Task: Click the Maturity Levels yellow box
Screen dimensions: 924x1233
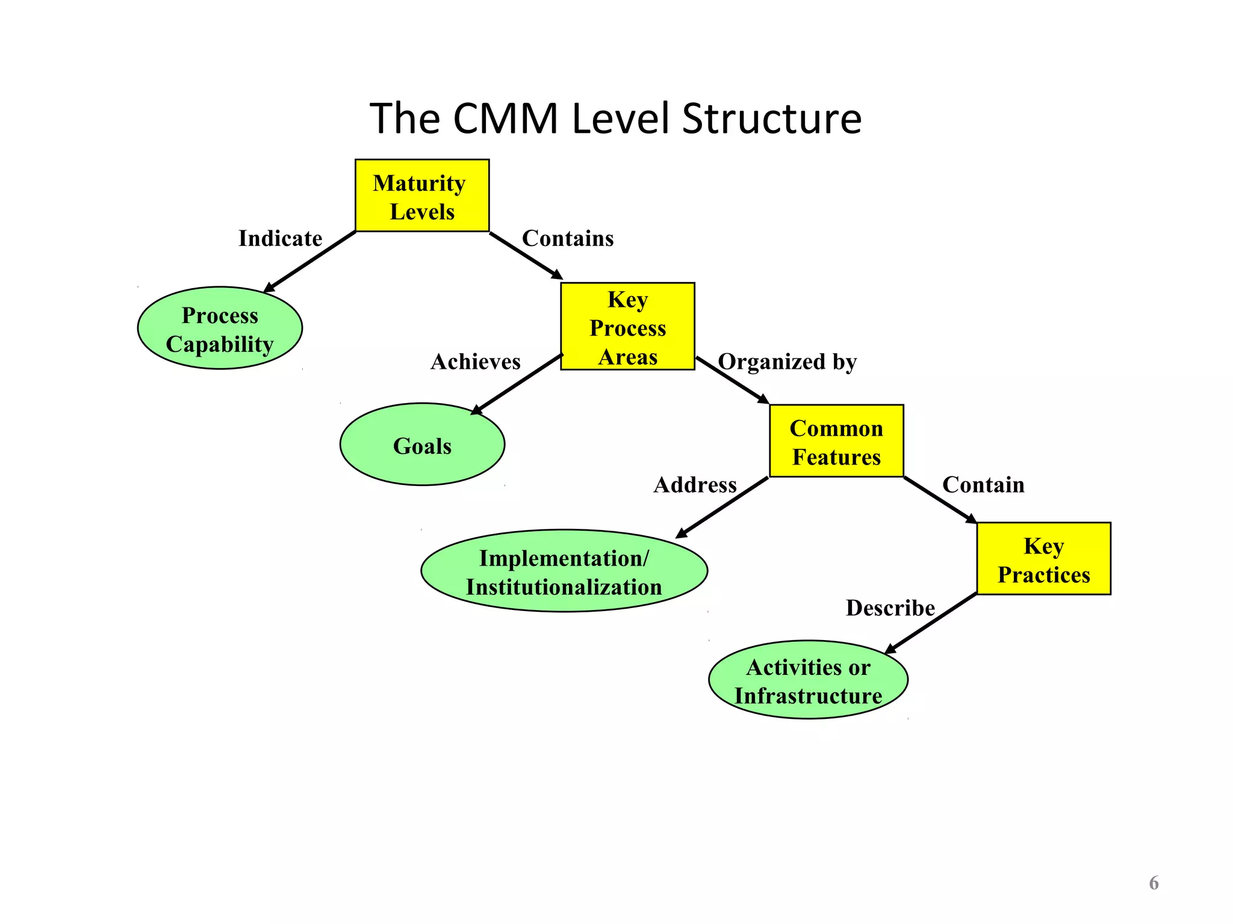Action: (x=421, y=196)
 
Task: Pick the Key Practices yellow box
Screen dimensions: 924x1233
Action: (x=1043, y=559)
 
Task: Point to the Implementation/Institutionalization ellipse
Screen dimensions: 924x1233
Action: (x=564, y=571)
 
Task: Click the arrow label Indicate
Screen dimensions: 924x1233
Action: (x=280, y=239)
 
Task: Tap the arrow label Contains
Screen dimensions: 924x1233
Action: (x=567, y=239)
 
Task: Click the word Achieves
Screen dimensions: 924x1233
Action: (x=475, y=362)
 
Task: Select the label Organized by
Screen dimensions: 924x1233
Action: (x=787, y=362)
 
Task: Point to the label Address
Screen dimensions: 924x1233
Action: (x=695, y=485)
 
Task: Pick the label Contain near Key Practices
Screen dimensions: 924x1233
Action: (x=983, y=485)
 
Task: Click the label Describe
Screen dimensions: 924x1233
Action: (x=890, y=608)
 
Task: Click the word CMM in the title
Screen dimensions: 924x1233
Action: (x=505, y=119)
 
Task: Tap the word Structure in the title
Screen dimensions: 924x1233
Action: (x=771, y=119)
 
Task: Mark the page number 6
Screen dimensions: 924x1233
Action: (x=1154, y=882)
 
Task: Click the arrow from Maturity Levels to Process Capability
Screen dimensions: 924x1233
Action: (x=310, y=262)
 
